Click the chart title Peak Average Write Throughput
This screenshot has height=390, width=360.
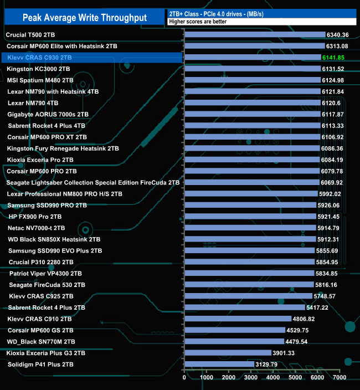[x=85, y=18]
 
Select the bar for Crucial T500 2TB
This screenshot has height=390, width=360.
[x=254, y=35]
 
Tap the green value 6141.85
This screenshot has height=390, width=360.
[x=333, y=58]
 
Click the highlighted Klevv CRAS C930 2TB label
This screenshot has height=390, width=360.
[x=40, y=58]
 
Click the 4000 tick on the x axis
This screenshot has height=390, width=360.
[x=273, y=377]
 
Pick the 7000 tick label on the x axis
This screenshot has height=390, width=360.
[x=339, y=377]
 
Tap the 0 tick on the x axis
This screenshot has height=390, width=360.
[x=184, y=377]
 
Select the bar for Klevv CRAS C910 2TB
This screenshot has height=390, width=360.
[x=238, y=319]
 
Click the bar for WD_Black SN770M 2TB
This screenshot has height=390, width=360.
[x=234, y=341]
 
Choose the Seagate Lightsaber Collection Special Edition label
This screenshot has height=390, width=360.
[x=93, y=182]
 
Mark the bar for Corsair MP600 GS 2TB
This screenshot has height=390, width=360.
[x=234, y=330]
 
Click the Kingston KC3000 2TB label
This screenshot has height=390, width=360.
[x=39, y=69]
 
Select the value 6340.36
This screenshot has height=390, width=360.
[x=338, y=35]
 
